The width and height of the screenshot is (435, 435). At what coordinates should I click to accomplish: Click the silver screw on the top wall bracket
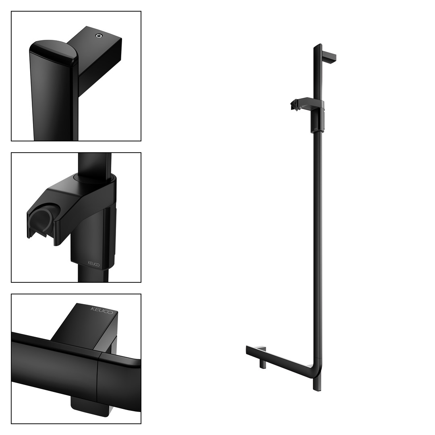tap(99, 35)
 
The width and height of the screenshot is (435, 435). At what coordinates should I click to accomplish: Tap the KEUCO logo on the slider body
tap(93, 263)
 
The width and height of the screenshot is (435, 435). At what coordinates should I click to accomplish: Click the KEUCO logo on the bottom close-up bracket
tap(102, 310)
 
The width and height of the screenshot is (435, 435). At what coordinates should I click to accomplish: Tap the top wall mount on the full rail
tap(329, 58)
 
